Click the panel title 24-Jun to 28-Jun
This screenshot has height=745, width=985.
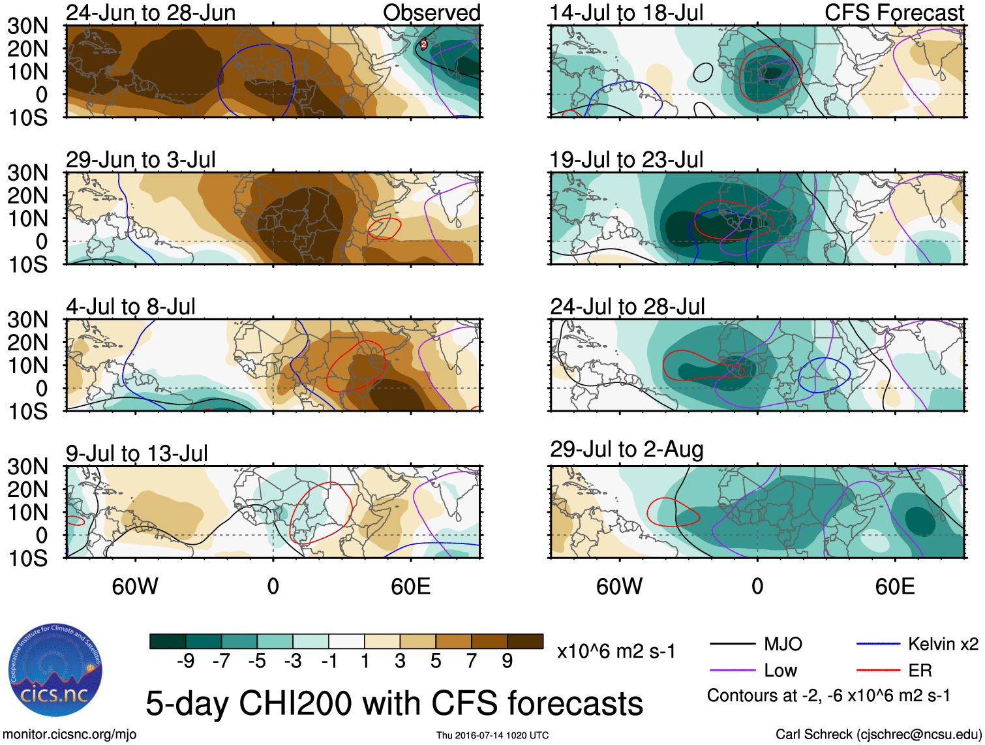coord(151,12)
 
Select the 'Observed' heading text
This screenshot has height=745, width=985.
coord(431,12)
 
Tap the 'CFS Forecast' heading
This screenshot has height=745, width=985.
coord(894,12)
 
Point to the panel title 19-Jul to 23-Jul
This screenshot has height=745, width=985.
coord(626,159)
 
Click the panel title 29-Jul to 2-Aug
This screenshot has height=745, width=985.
coord(626,449)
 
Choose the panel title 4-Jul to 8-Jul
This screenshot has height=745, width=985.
coord(130,306)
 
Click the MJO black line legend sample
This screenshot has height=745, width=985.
coord(733,645)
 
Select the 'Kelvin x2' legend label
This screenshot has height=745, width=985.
coord(943,644)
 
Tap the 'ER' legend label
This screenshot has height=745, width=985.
coord(920,670)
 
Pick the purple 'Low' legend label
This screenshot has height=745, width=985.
coord(780,670)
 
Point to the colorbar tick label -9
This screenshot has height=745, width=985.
coord(185,661)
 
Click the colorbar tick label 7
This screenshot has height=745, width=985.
coord(472,661)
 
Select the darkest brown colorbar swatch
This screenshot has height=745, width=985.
coord(525,641)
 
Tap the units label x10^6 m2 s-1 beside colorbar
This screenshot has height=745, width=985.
coord(616,651)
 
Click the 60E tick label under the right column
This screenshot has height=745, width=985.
coord(894,586)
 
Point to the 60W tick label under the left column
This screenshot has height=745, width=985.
coord(135,586)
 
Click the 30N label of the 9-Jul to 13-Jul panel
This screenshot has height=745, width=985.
coord(27,466)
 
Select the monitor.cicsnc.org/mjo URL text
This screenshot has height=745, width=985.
coord(70,734)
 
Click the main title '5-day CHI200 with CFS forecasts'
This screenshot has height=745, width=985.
coord(394,703)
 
